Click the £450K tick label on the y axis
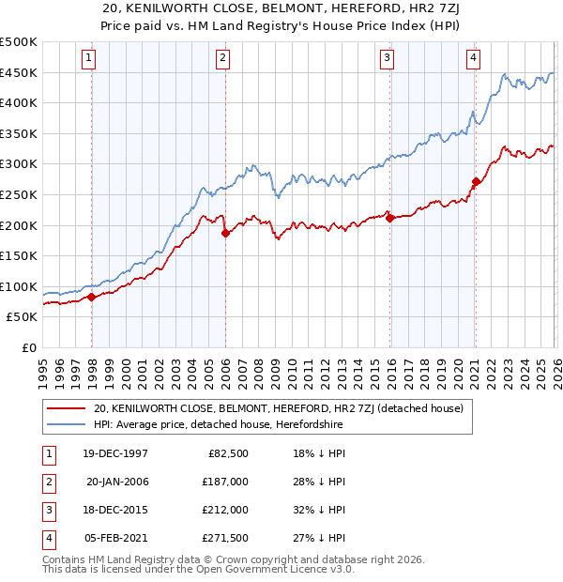pos(19,73)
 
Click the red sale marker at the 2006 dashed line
pos(225,234)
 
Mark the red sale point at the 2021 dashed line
pos(476,182)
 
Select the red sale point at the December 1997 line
pos(92,298)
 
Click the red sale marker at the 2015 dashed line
pos(389,219)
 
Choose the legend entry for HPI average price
pos(218,425)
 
